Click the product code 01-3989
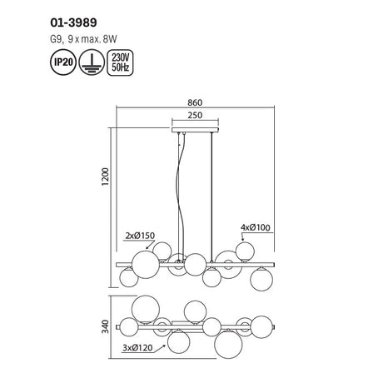pos(73,22)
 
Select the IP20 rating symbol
pos(63,62)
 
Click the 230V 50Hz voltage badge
pos(120,62)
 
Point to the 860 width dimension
pos(195,102)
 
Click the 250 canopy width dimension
pos(195,115)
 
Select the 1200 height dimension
pos(106,177)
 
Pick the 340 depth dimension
pos(106,326)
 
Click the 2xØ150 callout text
pos(140,236)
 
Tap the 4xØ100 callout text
pos(256,227)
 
